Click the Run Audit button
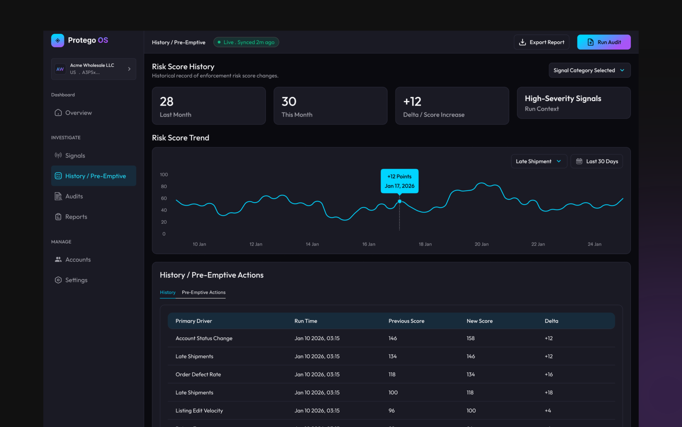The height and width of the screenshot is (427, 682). tap(604, 42)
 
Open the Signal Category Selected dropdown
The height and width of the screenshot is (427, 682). tap(590, 70)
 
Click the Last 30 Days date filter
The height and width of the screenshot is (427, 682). tap(597, 161)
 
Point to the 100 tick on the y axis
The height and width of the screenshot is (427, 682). tap(164, 174)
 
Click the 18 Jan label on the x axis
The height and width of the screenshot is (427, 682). tap(425, 244)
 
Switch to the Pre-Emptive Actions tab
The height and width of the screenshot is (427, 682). tap(203, 292)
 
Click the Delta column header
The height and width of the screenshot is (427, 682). tap(551, 321)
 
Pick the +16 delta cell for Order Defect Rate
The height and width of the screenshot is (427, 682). tap(548, 374)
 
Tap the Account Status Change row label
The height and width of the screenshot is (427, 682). tap(204, 338)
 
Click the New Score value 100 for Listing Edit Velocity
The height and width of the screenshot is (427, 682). tap(471, 411)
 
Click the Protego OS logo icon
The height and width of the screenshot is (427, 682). tap(58, 40)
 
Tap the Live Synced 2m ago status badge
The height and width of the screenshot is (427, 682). tap(246, 42)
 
